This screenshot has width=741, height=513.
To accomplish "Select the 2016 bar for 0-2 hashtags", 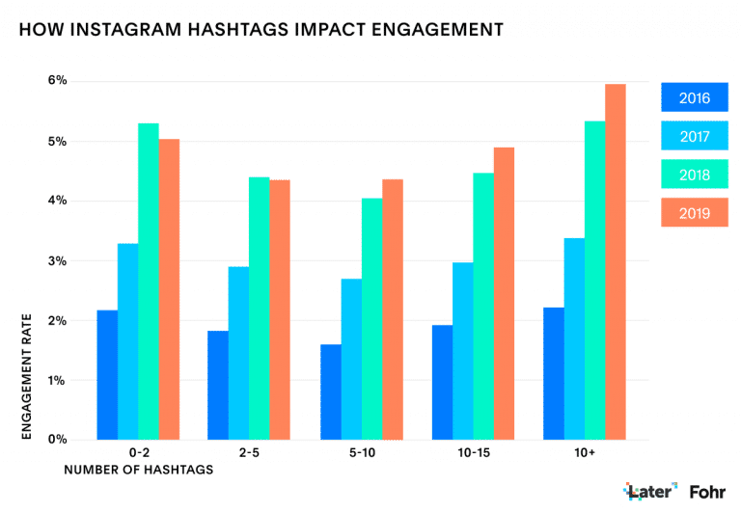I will click(x=107, y=374).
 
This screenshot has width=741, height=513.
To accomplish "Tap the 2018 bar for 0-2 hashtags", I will click(x=148, y=281).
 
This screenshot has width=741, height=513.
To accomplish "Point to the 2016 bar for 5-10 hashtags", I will click(x=330, y=391).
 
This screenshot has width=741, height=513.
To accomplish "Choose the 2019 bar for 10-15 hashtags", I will click(x=504, y=293).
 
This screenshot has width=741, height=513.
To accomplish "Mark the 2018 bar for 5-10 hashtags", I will click(x=371, y=318).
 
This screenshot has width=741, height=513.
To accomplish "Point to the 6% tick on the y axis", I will click(x=58, y=81).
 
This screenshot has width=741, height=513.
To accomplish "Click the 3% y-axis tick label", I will click(x=58, y=260).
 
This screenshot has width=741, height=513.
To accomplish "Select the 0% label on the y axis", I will click(x=58, y=440).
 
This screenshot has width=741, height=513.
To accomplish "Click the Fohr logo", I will click(x=707, y=492).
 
